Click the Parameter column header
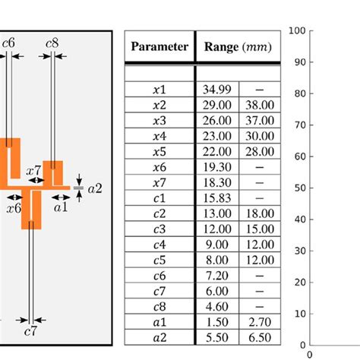tap(159, 47)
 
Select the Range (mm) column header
tap(238, 47)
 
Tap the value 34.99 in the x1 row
tap(217, 90)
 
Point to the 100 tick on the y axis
tap(296, 31)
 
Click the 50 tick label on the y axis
tap(298, 188)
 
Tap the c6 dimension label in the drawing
tap(9, 43)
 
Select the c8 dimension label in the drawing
tap(52, 43)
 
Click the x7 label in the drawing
tap(33, 172)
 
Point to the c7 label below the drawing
tap(30, 333)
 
